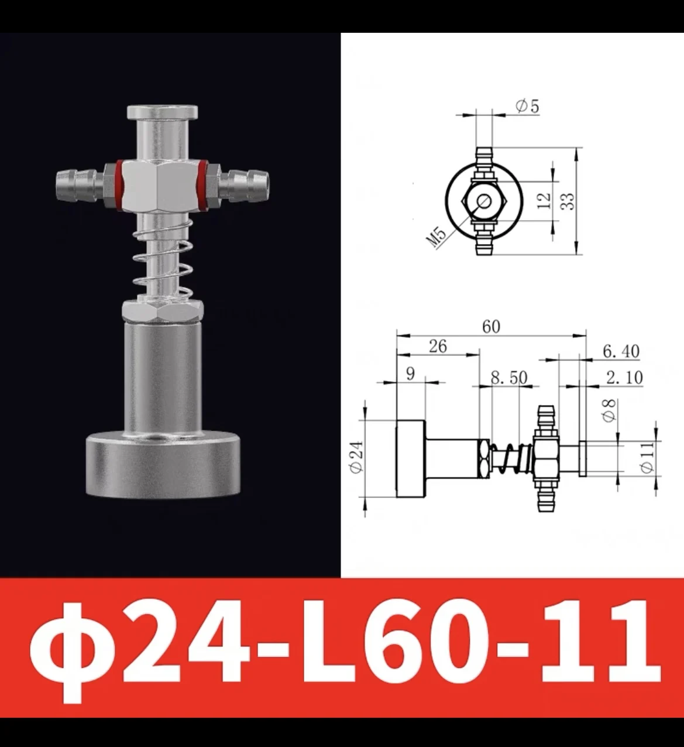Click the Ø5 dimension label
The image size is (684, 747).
click(527, 107)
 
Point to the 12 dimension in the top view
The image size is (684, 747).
click(544, 200)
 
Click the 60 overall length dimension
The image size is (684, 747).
click(491, 326)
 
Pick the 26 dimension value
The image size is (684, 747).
click(437, 347)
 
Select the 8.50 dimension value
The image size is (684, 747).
click(508, 377)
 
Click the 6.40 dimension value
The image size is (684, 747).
click(620, 351)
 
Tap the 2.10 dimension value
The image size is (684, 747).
click(624, 378)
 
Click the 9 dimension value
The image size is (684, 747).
click(410, 373)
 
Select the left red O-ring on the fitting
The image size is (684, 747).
click(119, 184)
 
